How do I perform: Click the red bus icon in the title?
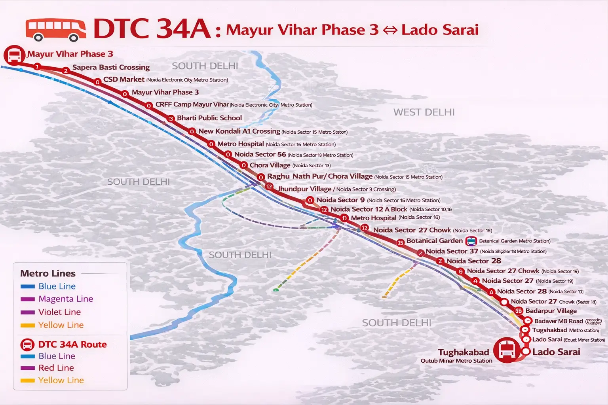(x=55, y=30)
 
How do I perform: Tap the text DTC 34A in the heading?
(x=152, y=29)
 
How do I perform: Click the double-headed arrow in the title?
(x=390, y=30)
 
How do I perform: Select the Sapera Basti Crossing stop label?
(x=111, y=67)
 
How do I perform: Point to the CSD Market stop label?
(x=123, y=79)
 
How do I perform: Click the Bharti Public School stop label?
(x=209, y=118)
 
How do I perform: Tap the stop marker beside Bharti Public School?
(x=171, y=118)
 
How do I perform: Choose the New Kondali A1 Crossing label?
(x=239, y=131)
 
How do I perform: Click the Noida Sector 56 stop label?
(x=260, y=155)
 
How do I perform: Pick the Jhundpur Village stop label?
(x=305, y=189)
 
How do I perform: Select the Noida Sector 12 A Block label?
(x=369, y=209)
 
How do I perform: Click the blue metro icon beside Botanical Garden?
(x=471, y=241)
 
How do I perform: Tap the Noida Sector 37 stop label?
(x=452, y=251)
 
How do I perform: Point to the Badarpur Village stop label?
(x=551, y=311)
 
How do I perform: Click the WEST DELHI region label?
(x=424, y=112)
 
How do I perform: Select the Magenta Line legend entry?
(x=65, y=299)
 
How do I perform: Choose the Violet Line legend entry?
(x=59, y=312)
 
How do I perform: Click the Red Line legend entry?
(x=56, y=368)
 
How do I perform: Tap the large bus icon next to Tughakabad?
(x=507, y=350)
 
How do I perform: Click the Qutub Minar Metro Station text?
(x=456, y=361)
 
